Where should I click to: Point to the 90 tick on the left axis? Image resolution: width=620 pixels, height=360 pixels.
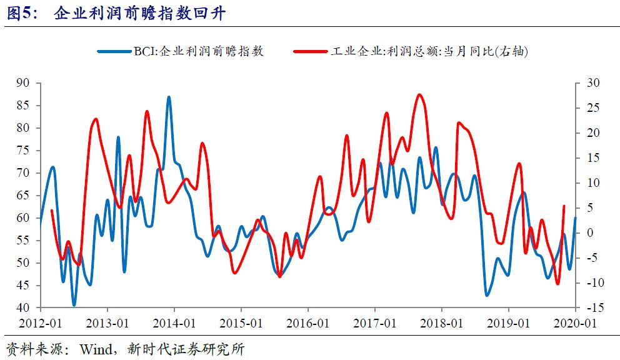pos(23,83)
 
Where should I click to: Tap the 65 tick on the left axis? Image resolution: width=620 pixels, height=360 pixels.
pos(23,196)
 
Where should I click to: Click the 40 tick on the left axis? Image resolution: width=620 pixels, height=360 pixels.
pos(23,308)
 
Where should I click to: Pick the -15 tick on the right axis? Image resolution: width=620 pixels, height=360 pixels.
pos(594,308)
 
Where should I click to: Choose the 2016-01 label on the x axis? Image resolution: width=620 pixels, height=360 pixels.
pos(307,324)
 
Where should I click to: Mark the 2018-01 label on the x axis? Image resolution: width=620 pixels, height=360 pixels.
pos(441,324)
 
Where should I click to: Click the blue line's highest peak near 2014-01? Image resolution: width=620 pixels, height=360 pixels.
pos(169,97)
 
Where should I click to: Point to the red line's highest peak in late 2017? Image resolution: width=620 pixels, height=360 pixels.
pos(419,95)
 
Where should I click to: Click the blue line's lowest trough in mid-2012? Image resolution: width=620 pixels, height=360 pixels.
pos(74,305)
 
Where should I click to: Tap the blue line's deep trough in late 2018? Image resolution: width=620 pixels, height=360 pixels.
pos(487,295)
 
